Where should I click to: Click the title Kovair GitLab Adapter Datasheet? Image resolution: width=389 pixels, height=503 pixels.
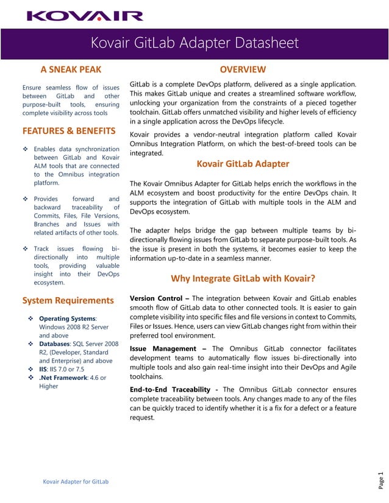point(194,43)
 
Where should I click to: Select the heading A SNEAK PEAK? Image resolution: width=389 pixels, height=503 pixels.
point(71,69)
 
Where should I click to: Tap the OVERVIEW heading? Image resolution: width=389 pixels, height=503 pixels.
point(243,69)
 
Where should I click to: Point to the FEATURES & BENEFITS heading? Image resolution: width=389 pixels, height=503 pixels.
point(69,131)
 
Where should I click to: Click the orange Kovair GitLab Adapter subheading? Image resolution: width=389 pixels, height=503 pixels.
point(243,164)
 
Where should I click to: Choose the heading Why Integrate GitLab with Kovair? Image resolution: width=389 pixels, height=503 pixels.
point(243,279)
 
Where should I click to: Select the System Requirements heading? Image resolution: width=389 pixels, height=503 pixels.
point(68,300)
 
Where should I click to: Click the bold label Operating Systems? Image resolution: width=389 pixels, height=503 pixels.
point(67,318)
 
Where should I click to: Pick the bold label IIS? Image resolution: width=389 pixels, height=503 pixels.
point(43,369)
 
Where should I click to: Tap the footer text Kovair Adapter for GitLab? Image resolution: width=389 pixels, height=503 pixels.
point(76,482)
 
